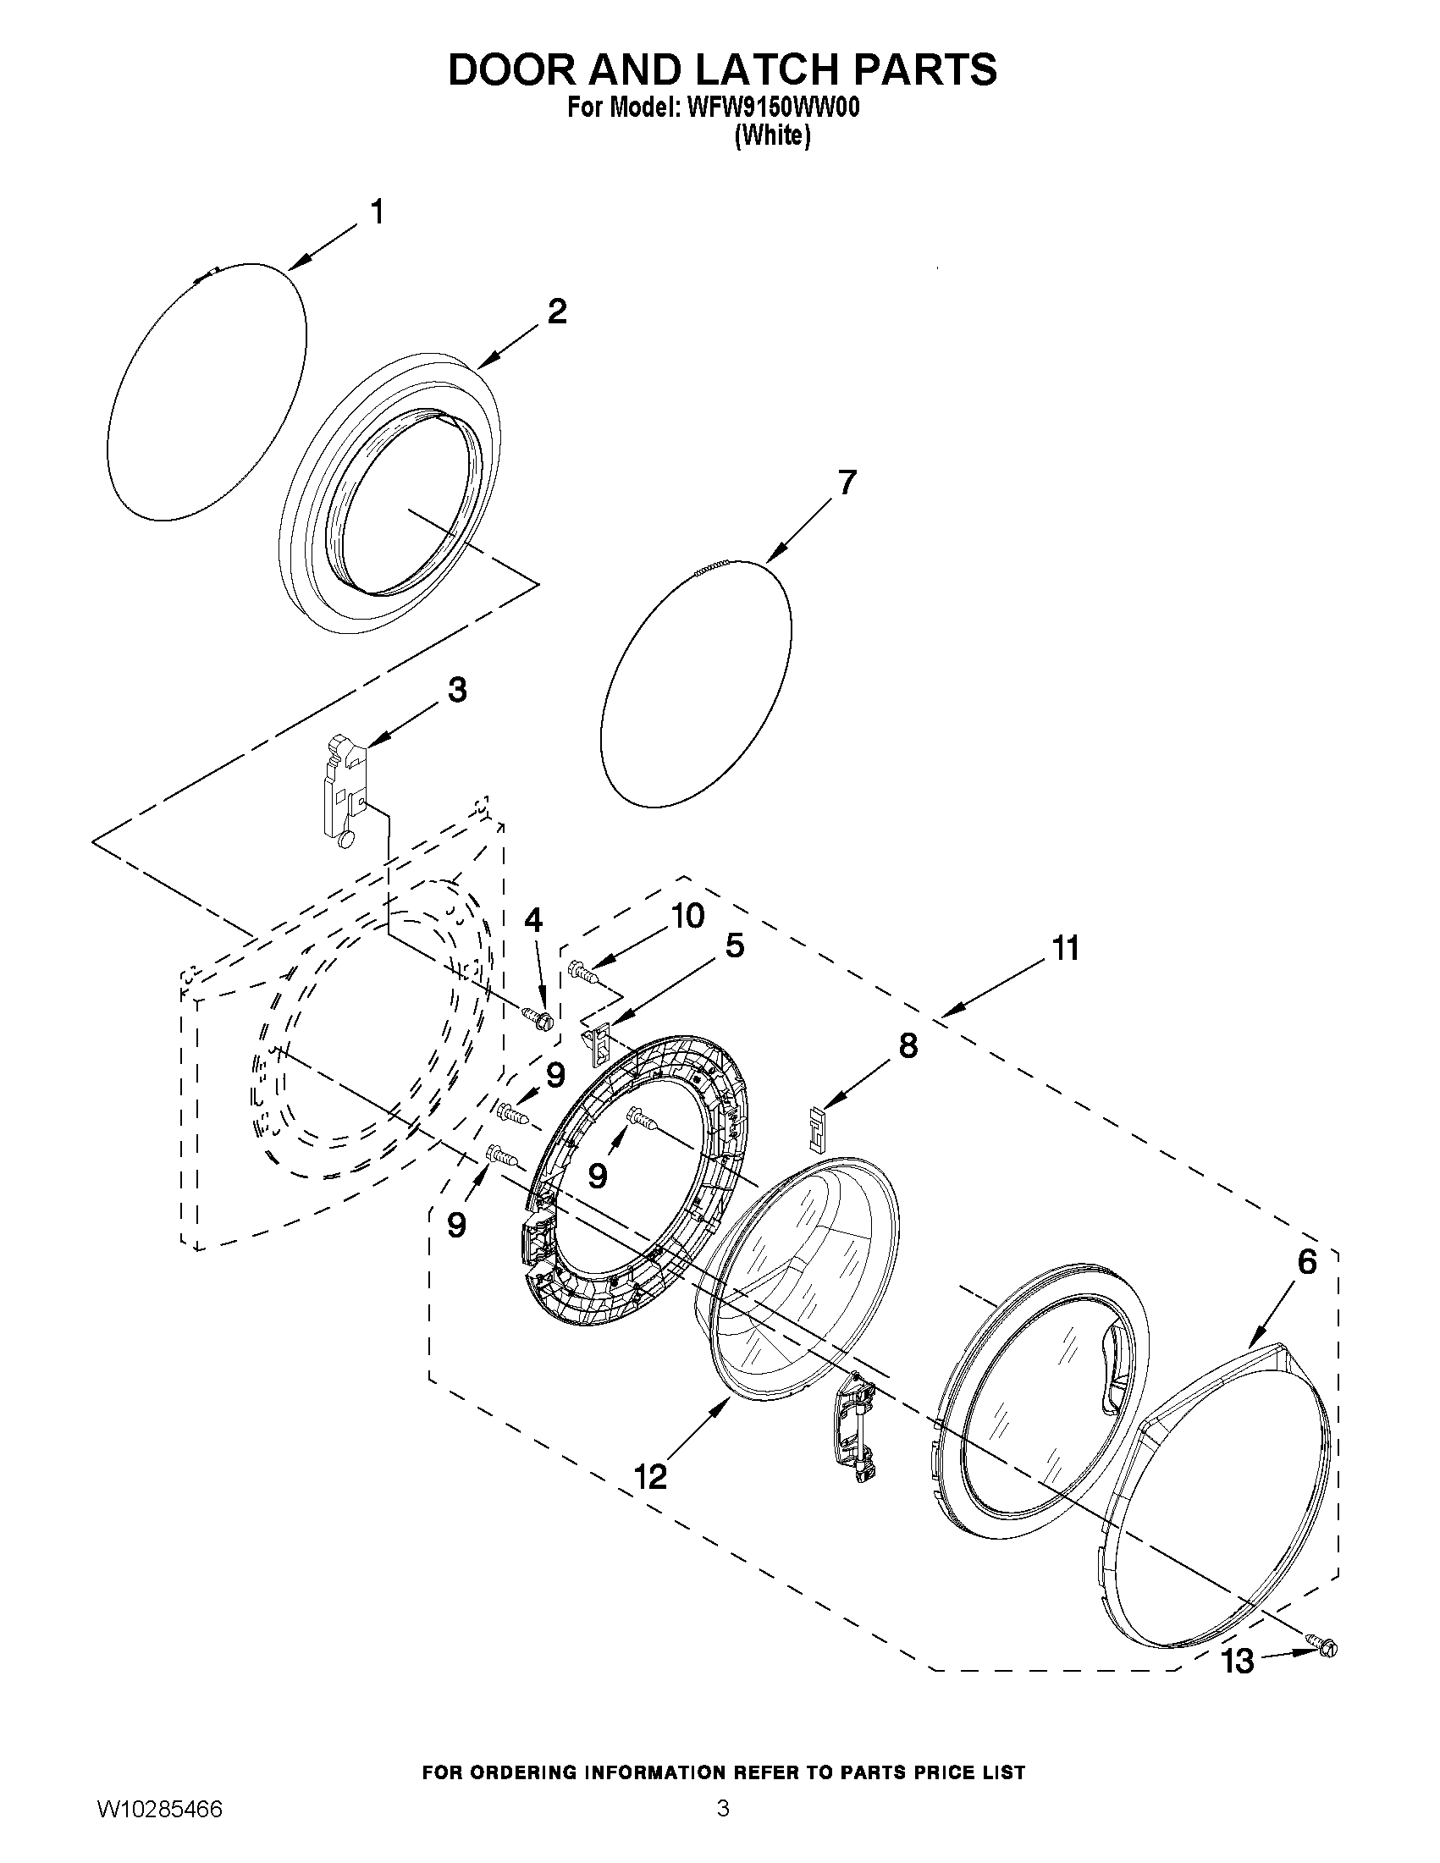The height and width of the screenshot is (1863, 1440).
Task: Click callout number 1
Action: coord(376,212)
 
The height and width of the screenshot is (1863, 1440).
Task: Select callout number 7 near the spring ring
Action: coord(846,482)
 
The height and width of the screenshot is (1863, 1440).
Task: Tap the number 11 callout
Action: coord(1065,948)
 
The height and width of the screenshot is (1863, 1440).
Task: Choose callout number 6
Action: coord(1307,1285)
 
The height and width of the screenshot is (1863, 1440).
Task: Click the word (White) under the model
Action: coord(772,135)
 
